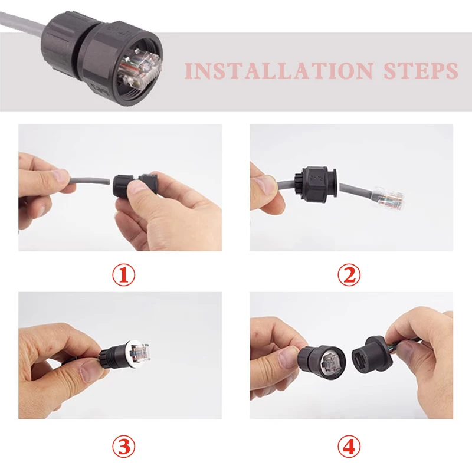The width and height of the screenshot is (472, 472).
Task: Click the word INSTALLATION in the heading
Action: click(279, 70)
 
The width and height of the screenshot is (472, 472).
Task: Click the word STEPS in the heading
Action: click(421, 70)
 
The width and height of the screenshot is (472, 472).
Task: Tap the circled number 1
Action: click(124, 275)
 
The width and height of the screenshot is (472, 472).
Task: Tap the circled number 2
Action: click(349, 275)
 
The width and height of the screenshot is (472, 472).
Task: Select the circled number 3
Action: click(124, 447)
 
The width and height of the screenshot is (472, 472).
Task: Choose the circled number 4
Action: click(349, 447)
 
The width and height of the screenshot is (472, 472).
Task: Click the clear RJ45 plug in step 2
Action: click(388, 198)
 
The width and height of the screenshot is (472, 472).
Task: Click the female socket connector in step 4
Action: click(371, 355)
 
